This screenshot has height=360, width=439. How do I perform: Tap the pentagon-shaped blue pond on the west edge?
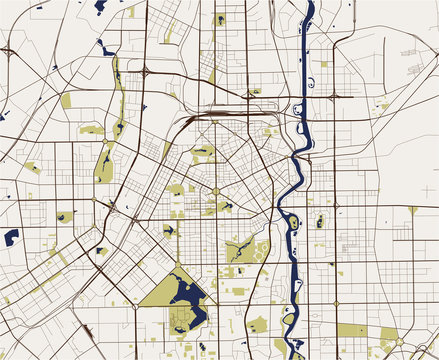pyautogui.click(x=11, y=237)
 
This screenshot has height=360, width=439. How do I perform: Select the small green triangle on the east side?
pyautogui.click(x=413, y=210)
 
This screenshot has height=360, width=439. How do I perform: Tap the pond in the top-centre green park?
pyautogui.click(x=218, y=19)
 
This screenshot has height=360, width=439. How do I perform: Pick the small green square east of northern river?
pyautogui.click(x=323, y=64)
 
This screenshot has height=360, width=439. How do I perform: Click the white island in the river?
pyautogui.click(x=295, y=222)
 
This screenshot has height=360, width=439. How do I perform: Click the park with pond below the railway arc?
pyautogui.click(x=203, y=153)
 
